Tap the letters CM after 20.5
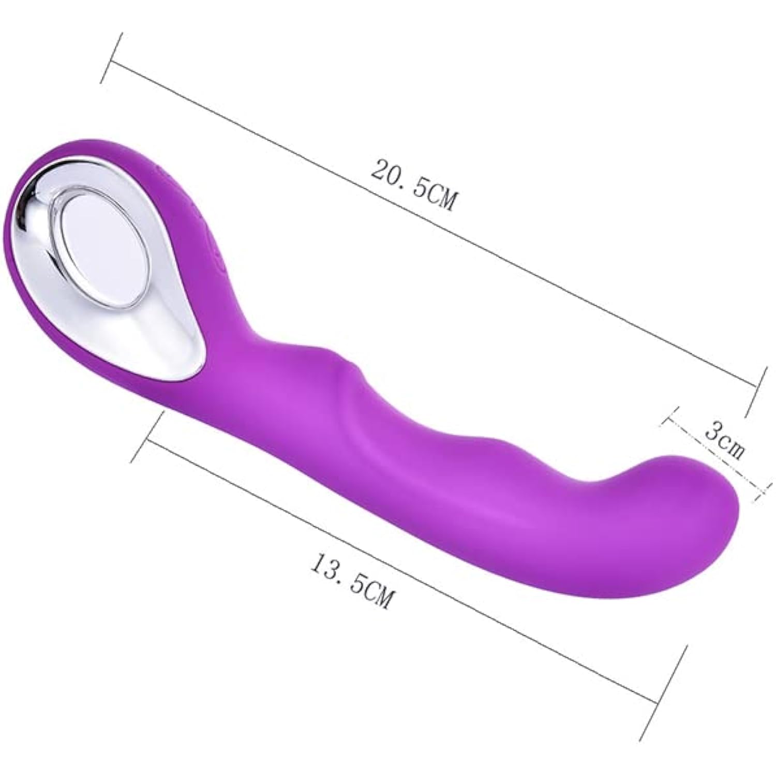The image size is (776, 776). [440, 198]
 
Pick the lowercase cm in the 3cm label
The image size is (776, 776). [734, 448]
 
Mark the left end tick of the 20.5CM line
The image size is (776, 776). [111, 58]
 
